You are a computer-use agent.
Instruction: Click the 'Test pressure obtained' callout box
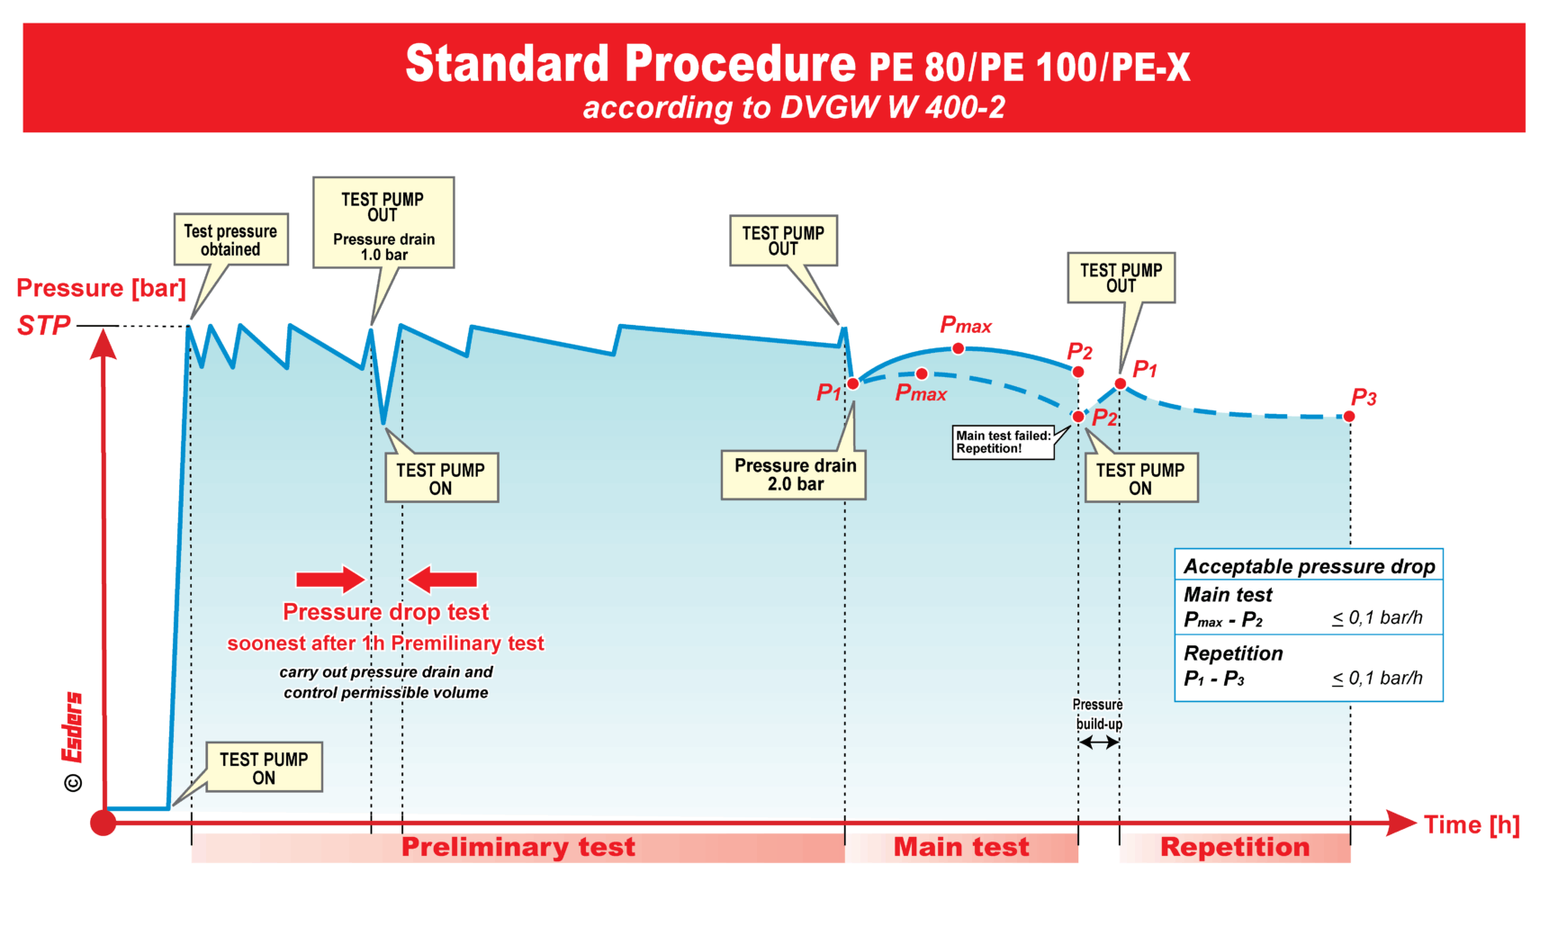[x=230, y=239]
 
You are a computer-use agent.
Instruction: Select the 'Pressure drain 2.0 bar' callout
[x=794, y=474]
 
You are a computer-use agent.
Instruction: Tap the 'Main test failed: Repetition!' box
[x=1003, y=442]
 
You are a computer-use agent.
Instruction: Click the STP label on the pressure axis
[x=43, y=326]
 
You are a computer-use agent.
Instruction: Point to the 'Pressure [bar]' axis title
[x=101, y=288]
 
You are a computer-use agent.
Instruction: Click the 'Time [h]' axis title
[x=1472, y=824]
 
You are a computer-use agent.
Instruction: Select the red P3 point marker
[x=1349, y=417]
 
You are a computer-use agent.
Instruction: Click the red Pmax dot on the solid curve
[x=959, y=348]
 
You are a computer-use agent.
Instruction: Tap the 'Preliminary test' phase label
[x=518, y=847]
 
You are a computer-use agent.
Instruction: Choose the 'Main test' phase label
[x=960, y=847]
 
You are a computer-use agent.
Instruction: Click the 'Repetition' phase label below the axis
[x=1235, y=847]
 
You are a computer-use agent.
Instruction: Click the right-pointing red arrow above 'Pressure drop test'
[x=330, y=580]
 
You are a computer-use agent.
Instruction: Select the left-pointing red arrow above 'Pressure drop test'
[x=443, y=580]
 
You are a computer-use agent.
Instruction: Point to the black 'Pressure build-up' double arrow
[x=1099, y=742]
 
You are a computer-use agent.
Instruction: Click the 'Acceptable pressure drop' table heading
[x=1309, y=566]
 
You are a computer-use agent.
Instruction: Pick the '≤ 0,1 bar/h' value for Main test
[x=1377, y=618]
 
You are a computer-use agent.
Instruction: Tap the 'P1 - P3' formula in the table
[x=1213, y=679]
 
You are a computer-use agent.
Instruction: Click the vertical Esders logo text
[x=72, y=727]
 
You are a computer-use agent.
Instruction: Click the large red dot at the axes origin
[x=104, y=823]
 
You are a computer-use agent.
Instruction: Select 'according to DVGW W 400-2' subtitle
[x=793, y=108]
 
